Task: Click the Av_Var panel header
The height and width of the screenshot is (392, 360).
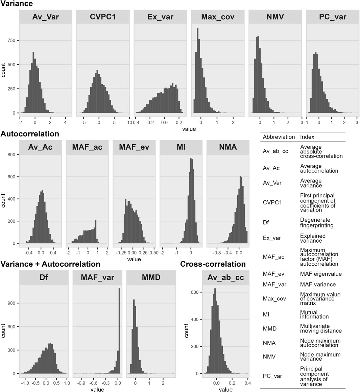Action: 46,17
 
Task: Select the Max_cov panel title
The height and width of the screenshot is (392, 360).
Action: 218,17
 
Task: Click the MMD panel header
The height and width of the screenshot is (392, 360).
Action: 151,278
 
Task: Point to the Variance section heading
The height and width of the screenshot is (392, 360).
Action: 17,4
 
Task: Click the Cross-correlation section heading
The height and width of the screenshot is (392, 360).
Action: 213,264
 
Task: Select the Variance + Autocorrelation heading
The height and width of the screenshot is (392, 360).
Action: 51,264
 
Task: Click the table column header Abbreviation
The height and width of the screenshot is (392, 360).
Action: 279,137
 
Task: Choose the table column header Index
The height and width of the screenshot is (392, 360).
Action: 307,137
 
